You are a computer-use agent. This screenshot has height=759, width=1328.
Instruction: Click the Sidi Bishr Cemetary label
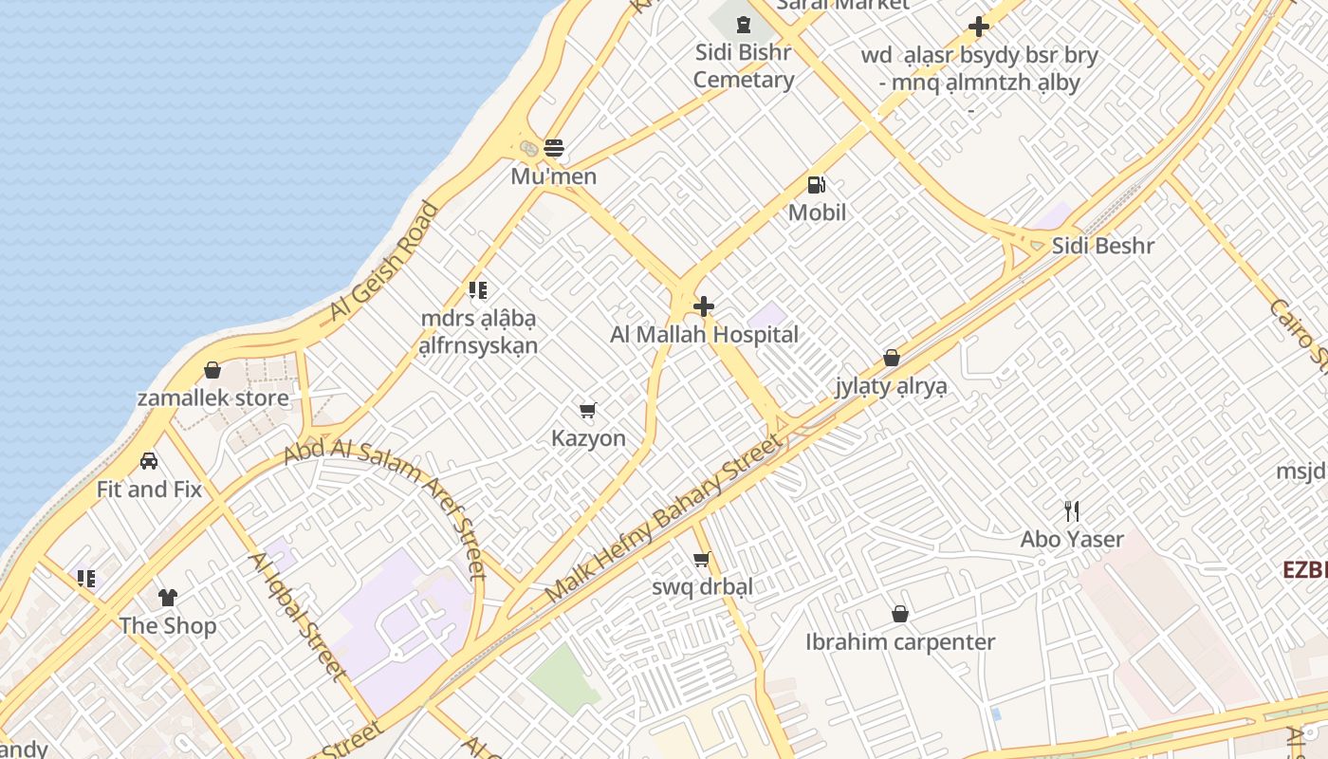[743, 65]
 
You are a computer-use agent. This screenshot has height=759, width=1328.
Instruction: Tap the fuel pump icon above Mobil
[816, 185]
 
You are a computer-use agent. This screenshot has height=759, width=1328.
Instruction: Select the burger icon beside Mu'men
[554, 148]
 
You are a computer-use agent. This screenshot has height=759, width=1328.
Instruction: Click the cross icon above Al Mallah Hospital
[704, 306]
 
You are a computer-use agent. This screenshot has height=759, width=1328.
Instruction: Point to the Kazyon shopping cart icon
[588, 410]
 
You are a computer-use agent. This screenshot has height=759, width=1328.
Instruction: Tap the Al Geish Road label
[385, 261]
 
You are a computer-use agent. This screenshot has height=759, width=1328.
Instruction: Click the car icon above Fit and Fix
[149, 461]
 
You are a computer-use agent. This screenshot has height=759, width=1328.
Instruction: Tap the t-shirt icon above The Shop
[168, 598]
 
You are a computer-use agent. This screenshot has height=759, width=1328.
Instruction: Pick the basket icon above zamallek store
[212, 370]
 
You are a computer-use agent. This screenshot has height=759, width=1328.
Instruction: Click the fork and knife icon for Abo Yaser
[1072, 511]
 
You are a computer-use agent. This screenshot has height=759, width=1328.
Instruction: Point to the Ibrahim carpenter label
[900, 642]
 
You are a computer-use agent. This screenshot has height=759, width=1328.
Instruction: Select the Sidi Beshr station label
[1102, 247]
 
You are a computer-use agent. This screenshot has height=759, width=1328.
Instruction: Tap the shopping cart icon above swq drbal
[702, 559]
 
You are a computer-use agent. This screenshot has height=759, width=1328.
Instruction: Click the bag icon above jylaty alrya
[892, 358]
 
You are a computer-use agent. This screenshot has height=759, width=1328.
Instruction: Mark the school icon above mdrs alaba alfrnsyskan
[478, 290]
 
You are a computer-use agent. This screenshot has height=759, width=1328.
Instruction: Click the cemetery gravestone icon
[744, 24]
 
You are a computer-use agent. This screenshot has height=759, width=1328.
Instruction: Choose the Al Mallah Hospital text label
[704, 335]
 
